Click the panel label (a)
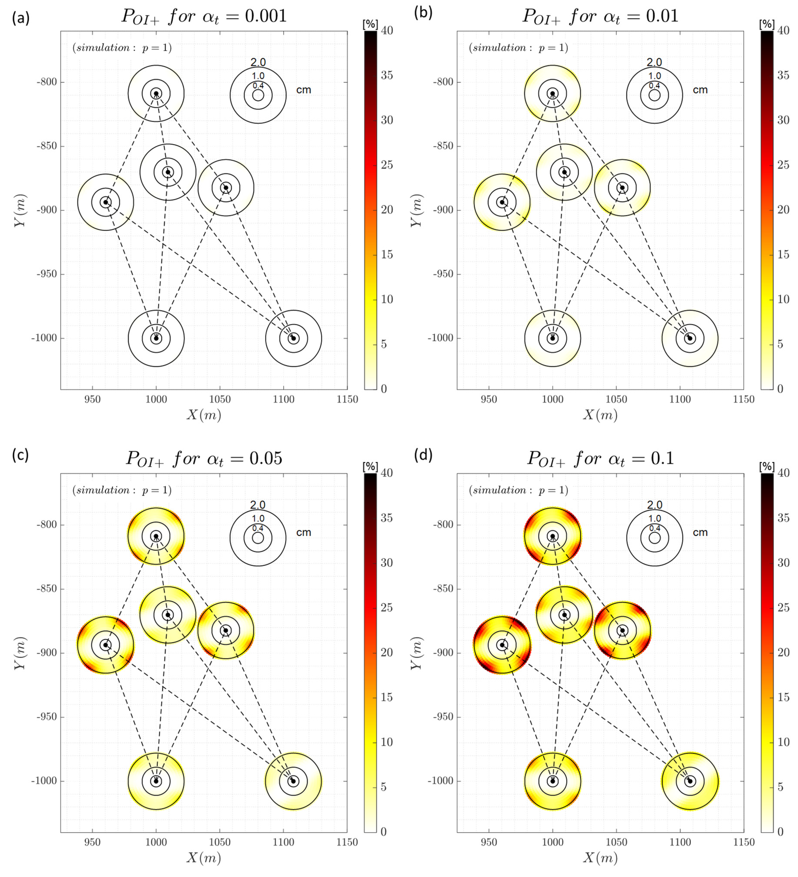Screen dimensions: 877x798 pyautogui.click(x=21, y=18)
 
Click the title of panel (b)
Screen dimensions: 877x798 pyautogui.click(x=600, y=16)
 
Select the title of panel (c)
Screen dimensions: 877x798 pyautogui.click(x=203, y=458)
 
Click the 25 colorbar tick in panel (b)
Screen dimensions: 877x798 pyautogui.click(x=783, y=165)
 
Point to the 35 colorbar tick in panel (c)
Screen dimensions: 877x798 pyautogui.click(x=387, y=518)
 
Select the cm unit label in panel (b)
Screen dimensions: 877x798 pyautogui.click(x=700, y=90)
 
